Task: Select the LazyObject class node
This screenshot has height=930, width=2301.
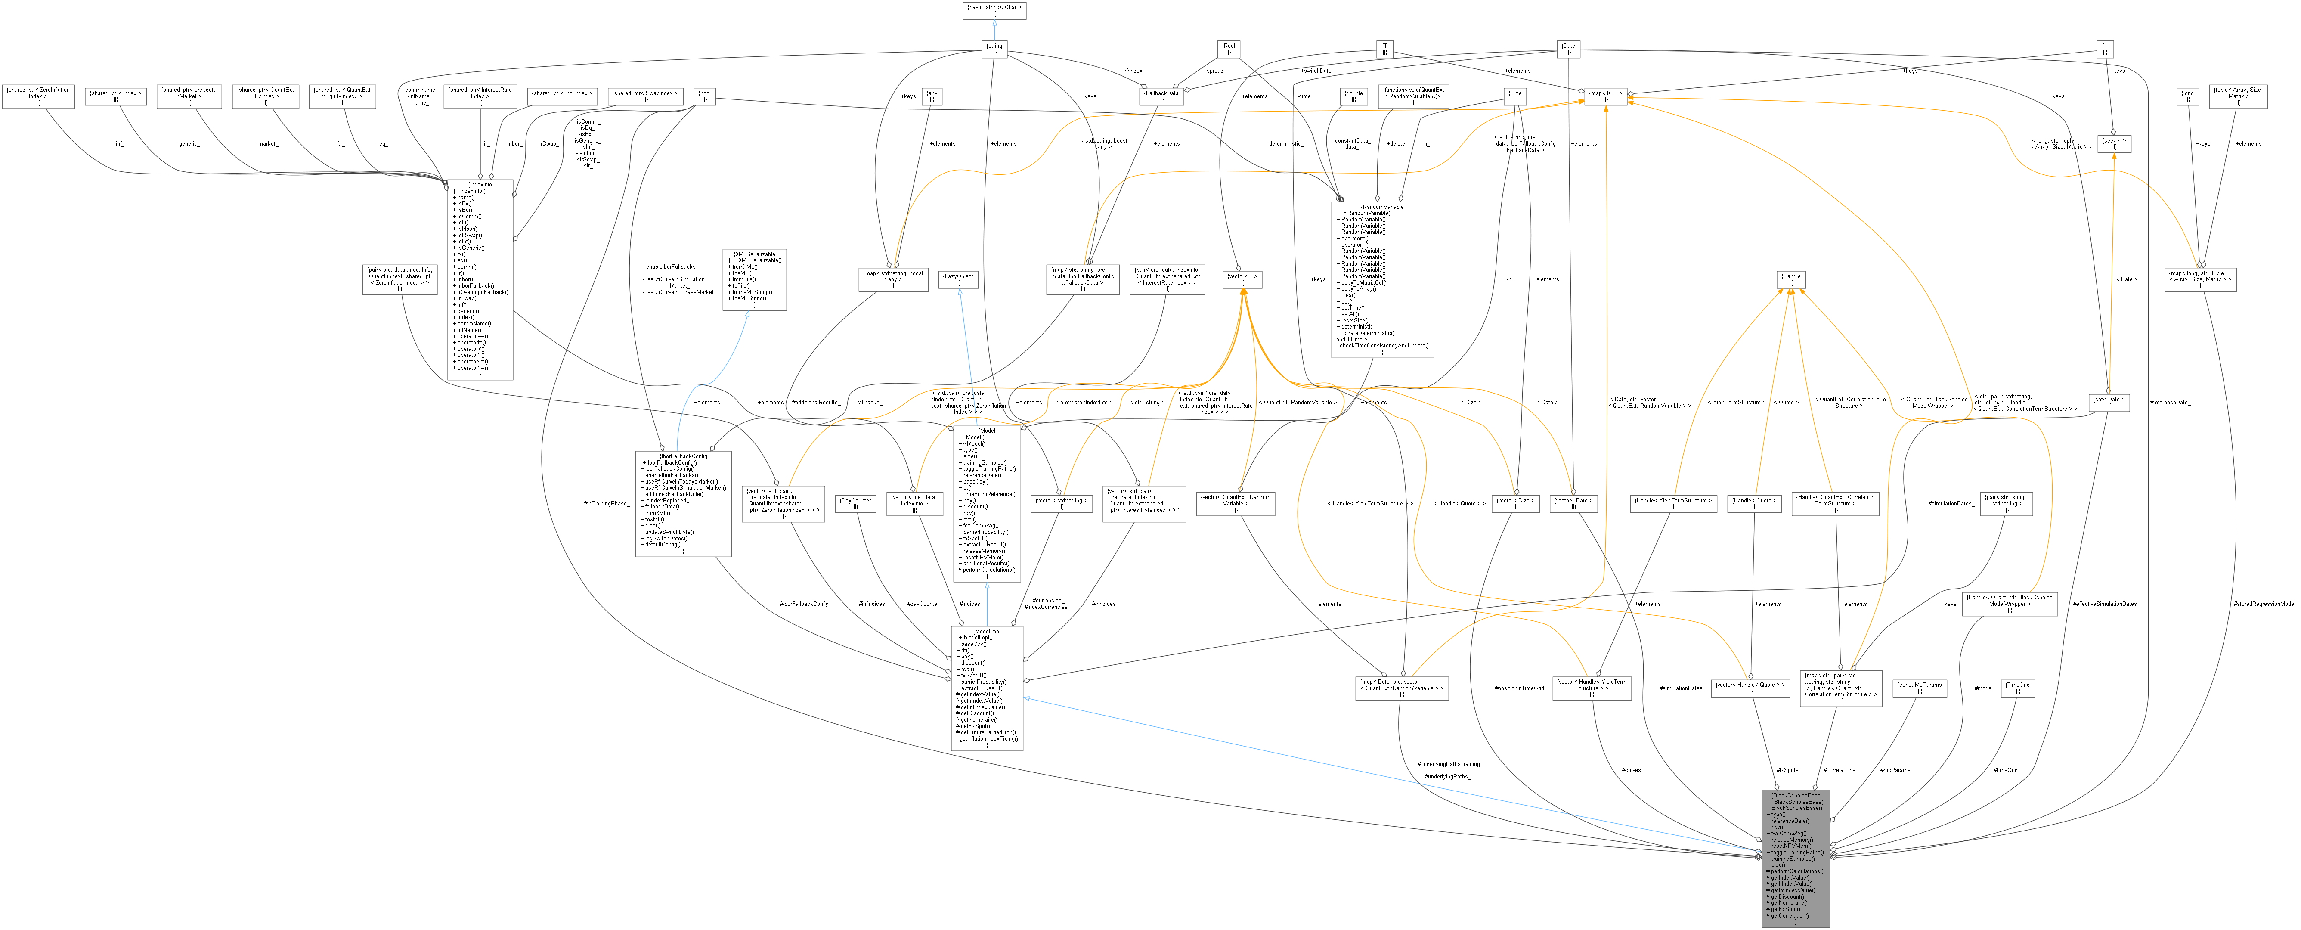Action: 958,279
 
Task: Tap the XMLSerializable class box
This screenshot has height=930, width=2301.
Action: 754,279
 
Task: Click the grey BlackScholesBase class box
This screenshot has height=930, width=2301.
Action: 1796,858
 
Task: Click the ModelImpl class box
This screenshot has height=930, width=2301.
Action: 987,688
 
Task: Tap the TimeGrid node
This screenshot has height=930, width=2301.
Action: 2018,688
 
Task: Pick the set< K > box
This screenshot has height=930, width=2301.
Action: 2113,144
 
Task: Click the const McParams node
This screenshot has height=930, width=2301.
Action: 1920,688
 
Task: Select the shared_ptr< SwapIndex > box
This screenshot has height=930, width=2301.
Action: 645,96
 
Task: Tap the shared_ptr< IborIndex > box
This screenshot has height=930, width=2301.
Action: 562,96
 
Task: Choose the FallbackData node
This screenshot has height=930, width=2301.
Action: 1161,96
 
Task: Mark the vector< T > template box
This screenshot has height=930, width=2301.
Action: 1242,279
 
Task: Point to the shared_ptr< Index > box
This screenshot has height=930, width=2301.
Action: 115,96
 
